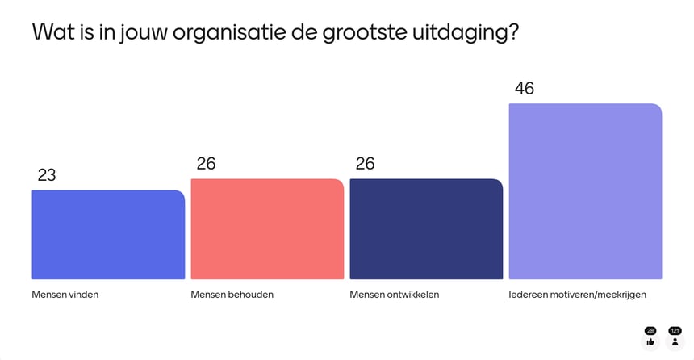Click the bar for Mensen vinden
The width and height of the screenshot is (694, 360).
pyautogui.click(x=108, y=235)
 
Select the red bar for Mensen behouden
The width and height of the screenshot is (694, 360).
pyautogui.click(x=267, y=229)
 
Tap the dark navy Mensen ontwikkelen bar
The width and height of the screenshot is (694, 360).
pyautogui.click(x=426, y=229)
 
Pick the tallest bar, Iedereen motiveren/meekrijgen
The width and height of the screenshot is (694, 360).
pyautogui.click(x=585, y=191)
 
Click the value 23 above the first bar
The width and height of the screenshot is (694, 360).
pyautogui.click(x=47, y=175)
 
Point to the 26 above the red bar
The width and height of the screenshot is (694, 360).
pyautogui.click(x=206, y=164)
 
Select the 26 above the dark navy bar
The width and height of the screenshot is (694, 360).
pyautogui.click(x=365, y=164)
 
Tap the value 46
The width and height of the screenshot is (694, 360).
pyautogui.click(x=524, y=89)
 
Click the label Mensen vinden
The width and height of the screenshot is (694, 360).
pyautogui.click(x=65, y=295)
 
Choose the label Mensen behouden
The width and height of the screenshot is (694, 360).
pyautogui.click(x=232, y=295)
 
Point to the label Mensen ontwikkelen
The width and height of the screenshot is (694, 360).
pyautogui.click(x=394, y=295)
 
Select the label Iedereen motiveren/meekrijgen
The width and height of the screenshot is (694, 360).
pyautogui.click(x=577, y=295)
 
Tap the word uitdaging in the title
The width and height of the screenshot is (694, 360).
pyautogui.click(x=467, y=33)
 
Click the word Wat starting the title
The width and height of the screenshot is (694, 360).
pyautogui.click(x=52, y=33)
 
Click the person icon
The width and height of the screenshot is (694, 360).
pyautogui.click(x=675, y=342)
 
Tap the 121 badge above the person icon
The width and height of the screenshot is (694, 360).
pyautogui.click(x=675, y=331)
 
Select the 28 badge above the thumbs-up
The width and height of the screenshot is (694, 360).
pyautogui.click(x=650, y=331)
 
